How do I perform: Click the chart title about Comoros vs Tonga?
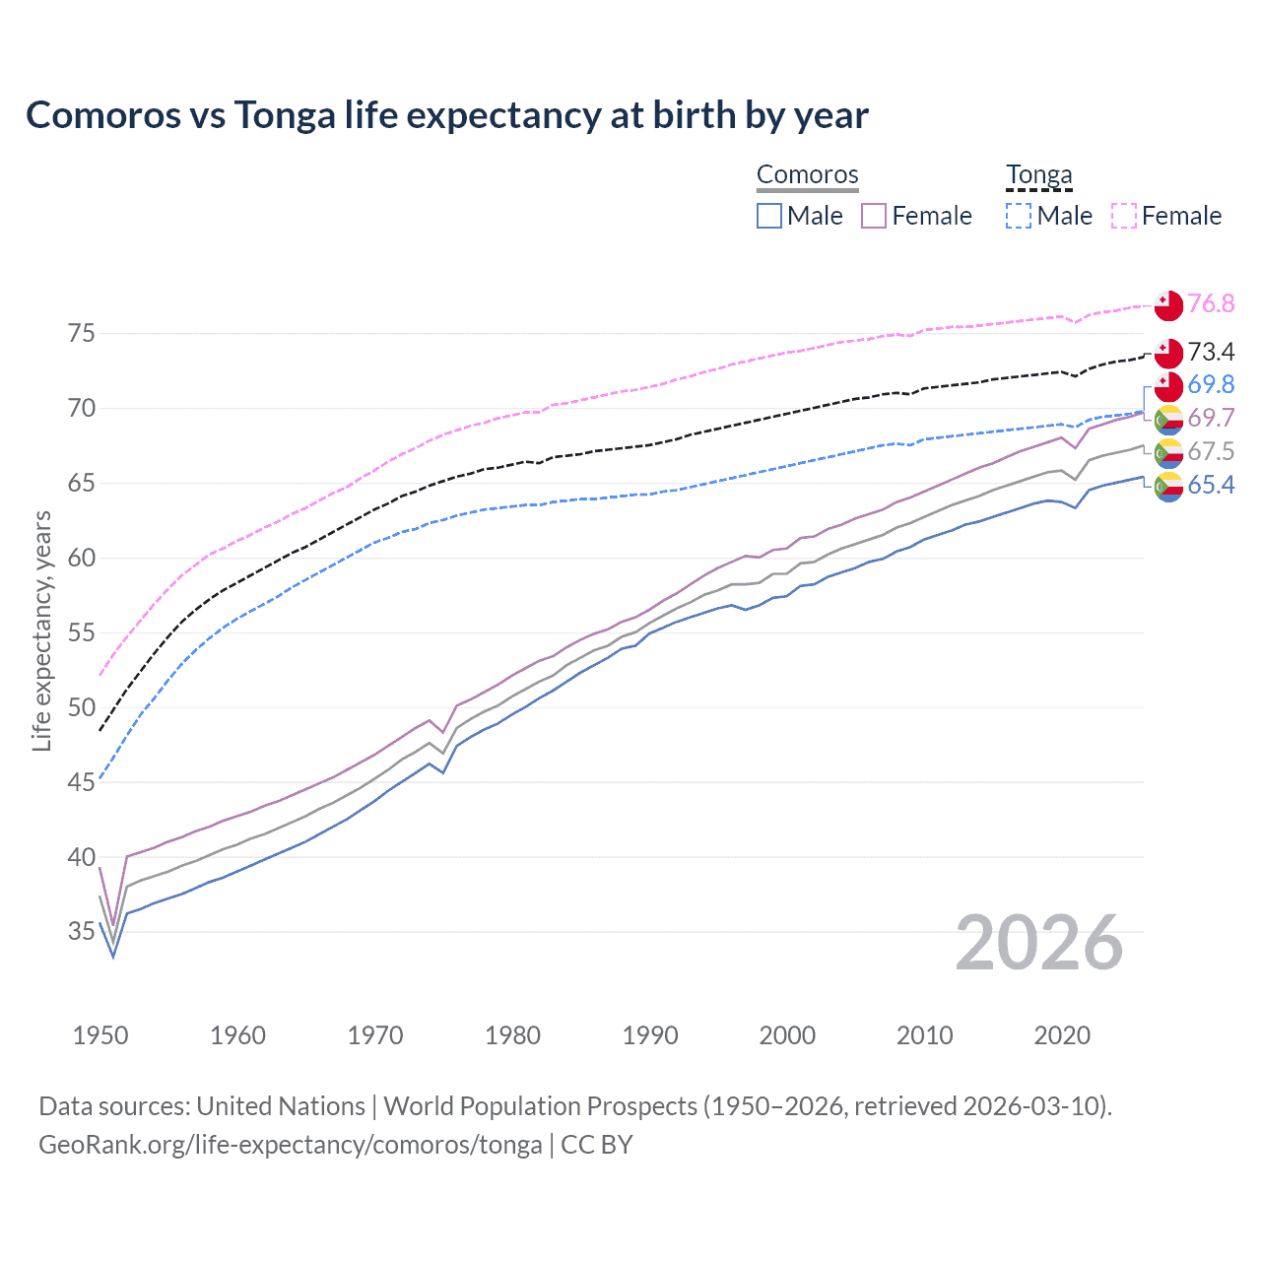tap(446, 115)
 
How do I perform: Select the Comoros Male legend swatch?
tap(769, 216)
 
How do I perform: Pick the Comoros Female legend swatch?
tap(874, 216)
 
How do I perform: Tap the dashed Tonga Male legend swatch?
tap(1019, 216)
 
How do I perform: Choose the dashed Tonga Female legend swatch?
tap(1124, 216)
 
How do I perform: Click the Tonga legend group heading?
tap(1038, 175)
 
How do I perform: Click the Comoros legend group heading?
tap(807, 175)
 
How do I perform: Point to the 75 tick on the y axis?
tap(82, 334)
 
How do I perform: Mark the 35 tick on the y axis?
tap(82, 932)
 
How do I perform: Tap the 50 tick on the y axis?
tap(82, 707)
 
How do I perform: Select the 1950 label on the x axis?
tap(100, 1035)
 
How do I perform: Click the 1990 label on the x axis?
tap(650, 1035)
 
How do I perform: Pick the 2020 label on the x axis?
tap(1062, 1035)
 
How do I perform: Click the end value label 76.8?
tap(1211, 304)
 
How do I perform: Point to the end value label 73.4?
tap(1211, 352)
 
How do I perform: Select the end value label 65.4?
tap(1211, 485)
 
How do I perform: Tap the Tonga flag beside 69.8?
tap(1168, 385)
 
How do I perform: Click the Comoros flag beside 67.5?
tap(1168, 452)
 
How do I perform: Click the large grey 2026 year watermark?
tap(1038, 943)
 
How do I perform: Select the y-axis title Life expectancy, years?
tap(41, 630)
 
